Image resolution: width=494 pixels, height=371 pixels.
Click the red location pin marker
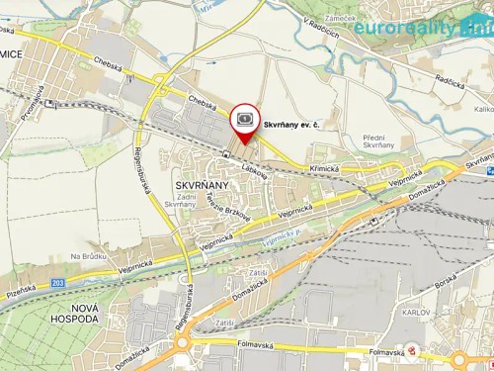(243, 122)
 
